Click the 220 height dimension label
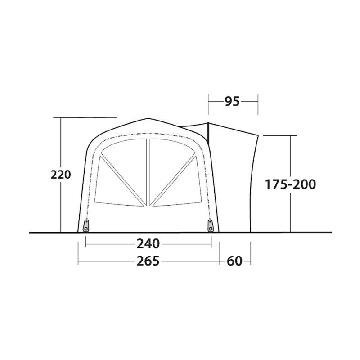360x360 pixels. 61,175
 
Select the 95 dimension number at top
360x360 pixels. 232,102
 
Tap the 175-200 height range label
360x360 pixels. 291,184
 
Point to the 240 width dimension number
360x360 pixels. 148,244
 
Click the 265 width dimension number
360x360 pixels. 148,261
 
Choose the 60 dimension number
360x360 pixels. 234,261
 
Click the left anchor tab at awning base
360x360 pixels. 86,225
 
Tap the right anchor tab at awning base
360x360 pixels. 211,225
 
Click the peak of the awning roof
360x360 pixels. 148,119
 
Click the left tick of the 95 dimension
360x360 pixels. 208,103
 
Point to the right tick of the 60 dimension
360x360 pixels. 250,261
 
